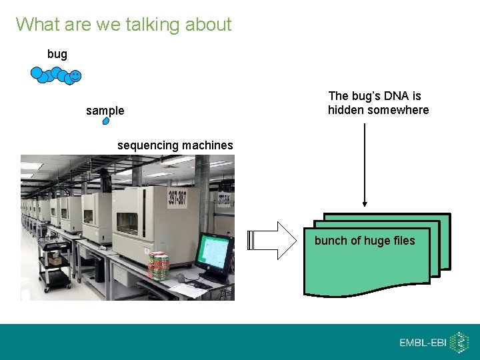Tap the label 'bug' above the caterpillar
pos(57,54)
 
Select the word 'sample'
pos(105,111)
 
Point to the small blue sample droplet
pos(105,121)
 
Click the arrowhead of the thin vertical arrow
pos(365,204)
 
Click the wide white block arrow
pos(273,240)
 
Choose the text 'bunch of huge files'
pos(365,241)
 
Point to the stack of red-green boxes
pos(158,265)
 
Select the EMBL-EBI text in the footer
pos(423,343)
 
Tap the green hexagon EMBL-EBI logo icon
pos(459,342)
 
